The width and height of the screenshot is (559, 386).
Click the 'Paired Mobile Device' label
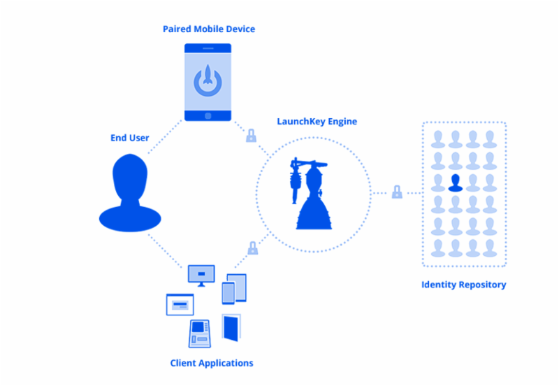(208, 29)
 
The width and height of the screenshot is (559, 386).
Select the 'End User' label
(129, 138)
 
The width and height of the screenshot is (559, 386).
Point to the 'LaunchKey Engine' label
(317, 121)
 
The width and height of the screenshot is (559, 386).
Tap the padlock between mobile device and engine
(251, 136)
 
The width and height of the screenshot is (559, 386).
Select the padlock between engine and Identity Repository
(397, 192)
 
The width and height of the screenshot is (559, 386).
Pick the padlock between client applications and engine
(252, 248)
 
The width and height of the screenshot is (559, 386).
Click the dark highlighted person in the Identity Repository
(456, 183)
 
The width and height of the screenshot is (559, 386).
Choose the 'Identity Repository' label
(463, 285)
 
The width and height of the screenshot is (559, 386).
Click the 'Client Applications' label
(212, 363)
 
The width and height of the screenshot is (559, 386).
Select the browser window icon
(180, 305)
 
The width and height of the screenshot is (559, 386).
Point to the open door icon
(230, 328)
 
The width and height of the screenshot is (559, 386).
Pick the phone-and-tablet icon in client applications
(234, 288)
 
